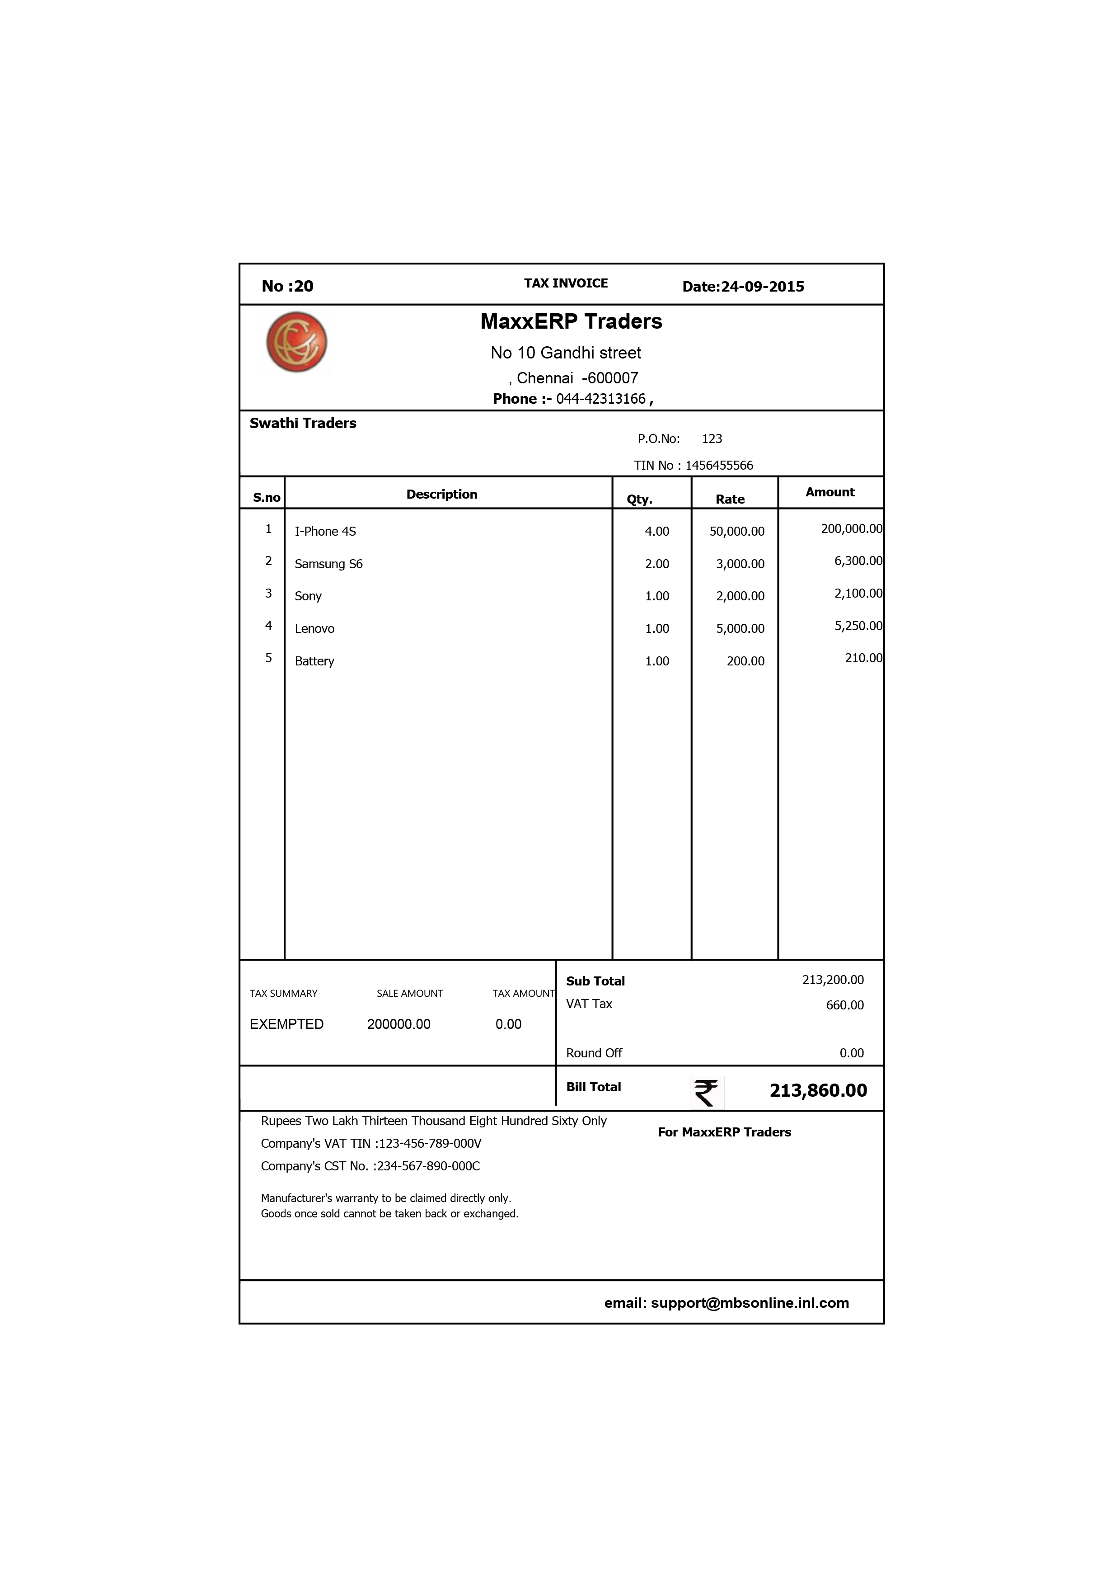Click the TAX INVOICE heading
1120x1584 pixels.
[x=566, y=283]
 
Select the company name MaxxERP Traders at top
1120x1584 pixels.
[x=571, y=321]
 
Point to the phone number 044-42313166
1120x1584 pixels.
[x=601, y=399]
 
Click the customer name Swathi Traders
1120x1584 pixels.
[x=303, y=424]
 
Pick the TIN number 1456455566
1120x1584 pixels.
[x=719, y=466]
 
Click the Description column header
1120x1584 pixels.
[x=441, y=494]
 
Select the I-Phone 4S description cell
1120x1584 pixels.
[x=325, y=531]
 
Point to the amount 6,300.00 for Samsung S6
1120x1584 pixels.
[x=858, y=561]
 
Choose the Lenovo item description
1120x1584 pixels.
[x=314, y=628]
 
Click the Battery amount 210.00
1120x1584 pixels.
[x=863, y=658]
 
